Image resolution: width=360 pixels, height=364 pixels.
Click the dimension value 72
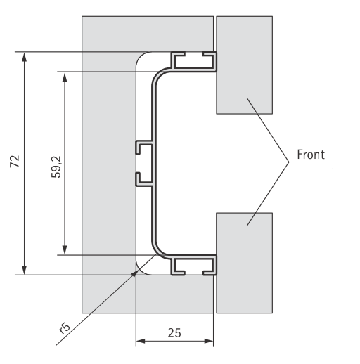[x=15, y=161]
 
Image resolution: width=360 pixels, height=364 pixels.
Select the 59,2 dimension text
[x=56, y=167]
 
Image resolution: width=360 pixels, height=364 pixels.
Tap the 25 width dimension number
[x=174, y=332]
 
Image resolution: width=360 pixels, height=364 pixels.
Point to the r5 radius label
[x=64, y=328]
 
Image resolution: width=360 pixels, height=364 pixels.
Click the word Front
[x=311, y=155]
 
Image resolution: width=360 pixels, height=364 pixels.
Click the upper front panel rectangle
[x=244, y=65]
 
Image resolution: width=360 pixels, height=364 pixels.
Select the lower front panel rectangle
[x=244, y=263]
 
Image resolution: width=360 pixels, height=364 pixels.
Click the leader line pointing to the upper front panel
[x=268, y=130]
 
